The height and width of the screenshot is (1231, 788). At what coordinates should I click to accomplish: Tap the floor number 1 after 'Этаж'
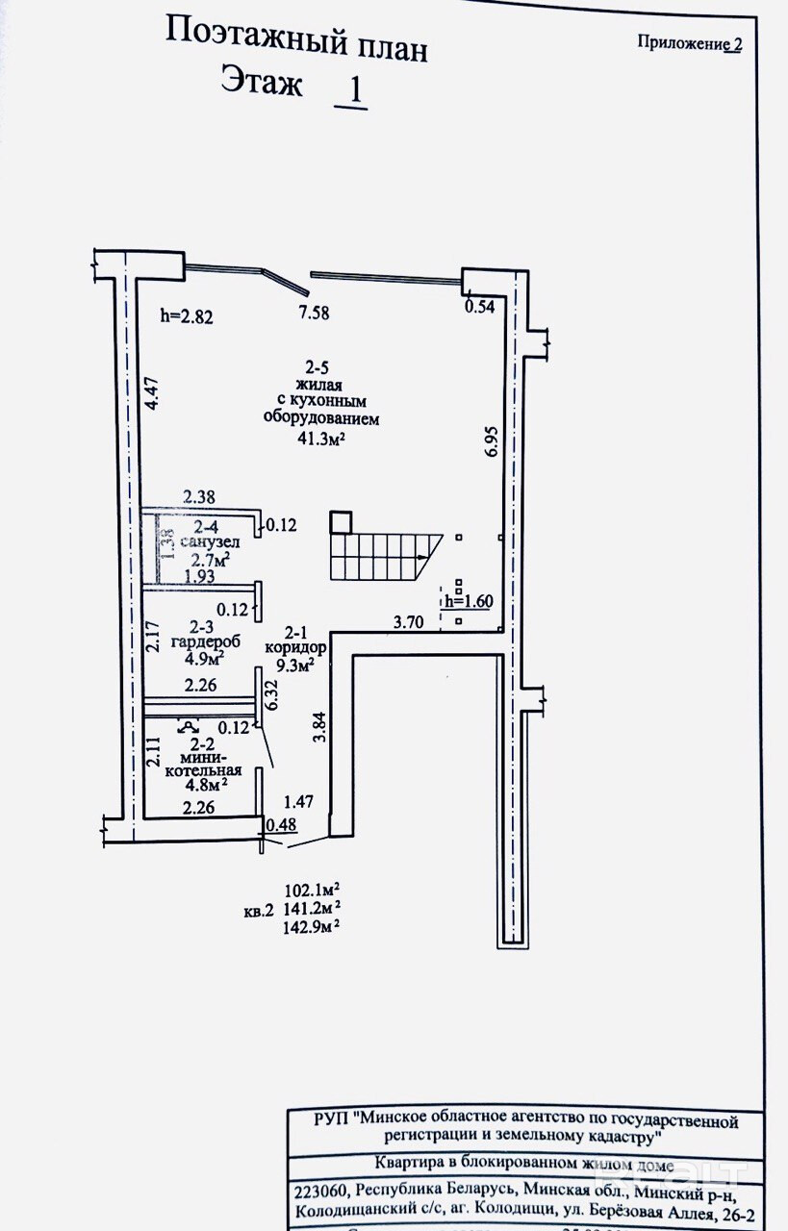click(352, 89)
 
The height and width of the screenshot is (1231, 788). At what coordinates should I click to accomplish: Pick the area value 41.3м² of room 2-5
click(321, 439)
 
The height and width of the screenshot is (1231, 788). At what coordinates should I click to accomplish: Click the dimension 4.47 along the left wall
click(152, 395)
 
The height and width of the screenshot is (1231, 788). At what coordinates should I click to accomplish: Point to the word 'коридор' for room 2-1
click(296, 648)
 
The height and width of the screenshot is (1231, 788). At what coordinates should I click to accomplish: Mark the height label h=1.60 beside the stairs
click(469, 602)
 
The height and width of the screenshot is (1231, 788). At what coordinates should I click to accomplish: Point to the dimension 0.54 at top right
click(479, 307)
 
